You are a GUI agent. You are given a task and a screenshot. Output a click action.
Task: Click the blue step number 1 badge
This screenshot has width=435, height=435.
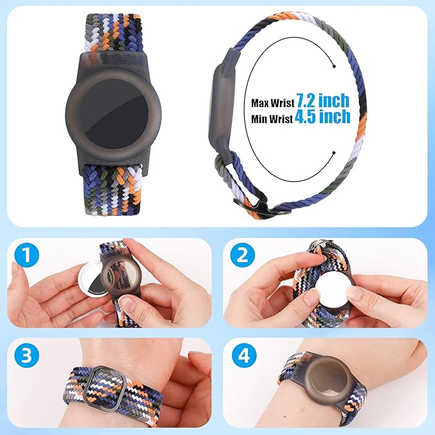[26, 258]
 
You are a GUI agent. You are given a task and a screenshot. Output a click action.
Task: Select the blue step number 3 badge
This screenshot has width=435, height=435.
[26, 357]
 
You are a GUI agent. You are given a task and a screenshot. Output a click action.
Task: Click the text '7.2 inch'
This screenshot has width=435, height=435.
[323, 101]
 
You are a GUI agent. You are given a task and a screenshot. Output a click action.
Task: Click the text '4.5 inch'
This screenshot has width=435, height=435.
[323, 117]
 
